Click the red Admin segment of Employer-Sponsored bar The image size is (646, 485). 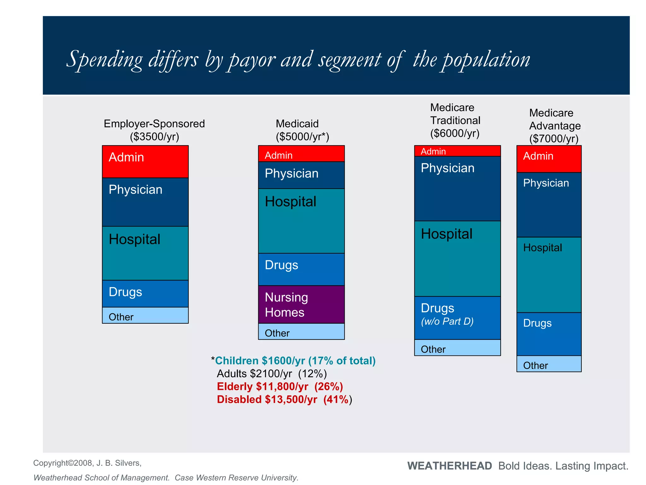tap(145, 161)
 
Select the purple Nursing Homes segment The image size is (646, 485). tap(301, 304)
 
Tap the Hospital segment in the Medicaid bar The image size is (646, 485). tap(301, 221)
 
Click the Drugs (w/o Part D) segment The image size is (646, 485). tap(457, 318)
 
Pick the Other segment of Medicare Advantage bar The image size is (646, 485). tap(549, 364)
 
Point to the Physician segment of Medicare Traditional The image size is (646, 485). tap(457, 189)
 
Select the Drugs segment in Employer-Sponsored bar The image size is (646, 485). tap(145, 293)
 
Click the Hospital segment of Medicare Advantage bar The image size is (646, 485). tap(549, 275)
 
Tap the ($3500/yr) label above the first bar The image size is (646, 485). tap(155, 137)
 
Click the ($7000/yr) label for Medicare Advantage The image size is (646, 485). tap(554, 139)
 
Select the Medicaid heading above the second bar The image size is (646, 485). tap(297, 123)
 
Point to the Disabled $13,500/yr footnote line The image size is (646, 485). tap(284, 399)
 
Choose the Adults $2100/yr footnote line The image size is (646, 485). tap(272, 374)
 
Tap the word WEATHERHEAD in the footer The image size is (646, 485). tap(449, 466)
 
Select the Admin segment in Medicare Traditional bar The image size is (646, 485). tap(457, 151)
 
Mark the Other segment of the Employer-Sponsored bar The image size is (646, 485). tap(145, 315)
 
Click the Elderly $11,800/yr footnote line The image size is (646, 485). tap(280, 386)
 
